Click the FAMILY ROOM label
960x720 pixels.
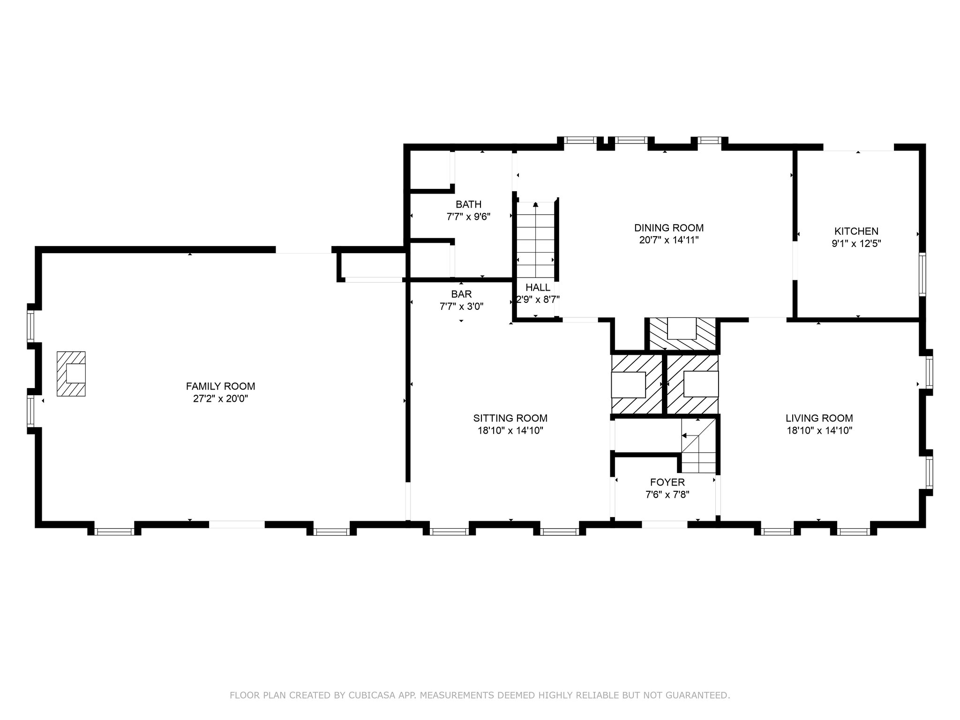click(x=220, y=386)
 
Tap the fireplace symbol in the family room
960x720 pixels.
click(x=71, y=374)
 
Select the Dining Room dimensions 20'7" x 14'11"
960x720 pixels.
click(x=669, y=240)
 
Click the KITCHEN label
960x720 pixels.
click(x=856, y=231)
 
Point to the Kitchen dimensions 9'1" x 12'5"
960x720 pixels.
click(x=856, y=243)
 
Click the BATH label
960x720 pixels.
click(x=468, y=204)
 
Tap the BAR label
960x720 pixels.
click(x=461, y=294)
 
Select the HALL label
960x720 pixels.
click(x=538, y=287)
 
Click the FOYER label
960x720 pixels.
click(x=667, y=482)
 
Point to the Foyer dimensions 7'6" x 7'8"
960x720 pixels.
click(x=667, y=495)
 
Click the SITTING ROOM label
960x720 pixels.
click(x=510, y=418)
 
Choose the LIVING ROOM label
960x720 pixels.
click(x=819, y=418)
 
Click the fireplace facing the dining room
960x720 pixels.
click(x=682, y=334)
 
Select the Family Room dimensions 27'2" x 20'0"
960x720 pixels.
click(x=220, y=399)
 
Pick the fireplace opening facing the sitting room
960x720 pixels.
click(x=628, y=385)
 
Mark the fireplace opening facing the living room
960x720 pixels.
click(x=701, y=384)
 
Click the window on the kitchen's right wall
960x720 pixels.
click(x=922, y=274)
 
